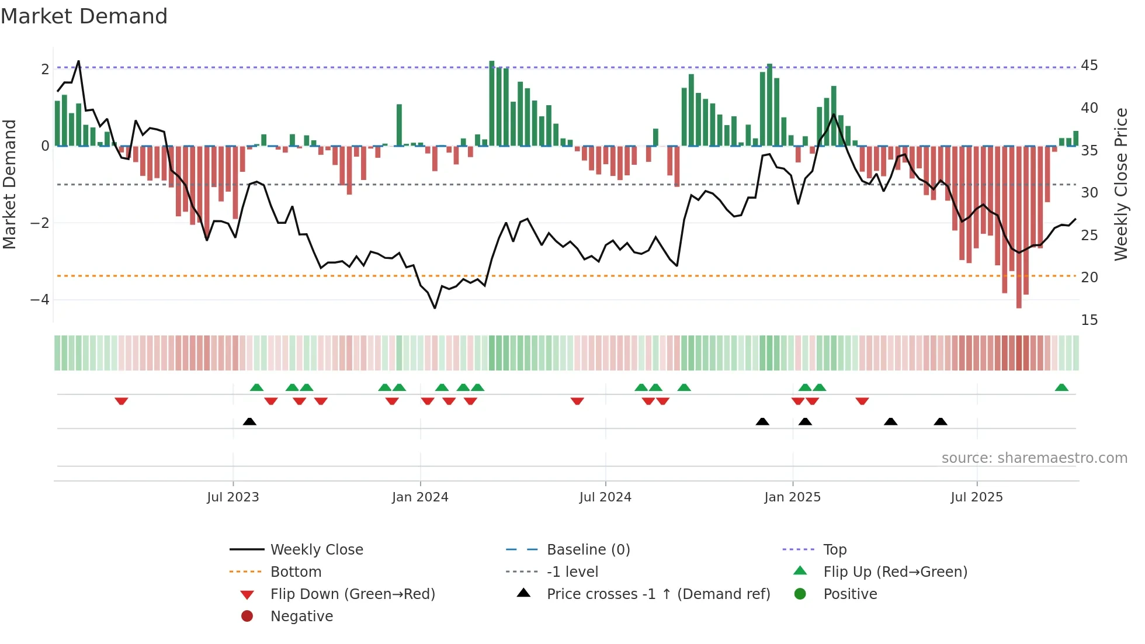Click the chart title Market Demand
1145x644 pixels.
84,16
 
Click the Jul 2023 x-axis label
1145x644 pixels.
233,497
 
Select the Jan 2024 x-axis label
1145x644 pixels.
420,497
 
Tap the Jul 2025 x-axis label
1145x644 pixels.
976,497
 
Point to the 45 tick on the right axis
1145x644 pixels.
1089,65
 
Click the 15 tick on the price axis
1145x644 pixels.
1089,320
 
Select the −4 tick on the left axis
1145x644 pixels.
40,300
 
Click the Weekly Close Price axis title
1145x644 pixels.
1120,184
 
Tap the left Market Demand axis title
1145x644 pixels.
9,184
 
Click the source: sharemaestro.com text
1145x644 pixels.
1034,458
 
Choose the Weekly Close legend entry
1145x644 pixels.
316,550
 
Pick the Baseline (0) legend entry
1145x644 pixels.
588,550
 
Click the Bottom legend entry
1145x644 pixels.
296,572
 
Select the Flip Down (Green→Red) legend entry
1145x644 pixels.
352,594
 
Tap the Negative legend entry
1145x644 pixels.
301,617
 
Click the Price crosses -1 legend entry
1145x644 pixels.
658,594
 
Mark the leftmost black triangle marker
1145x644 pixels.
249,421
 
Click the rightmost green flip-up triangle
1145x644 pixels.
1061,387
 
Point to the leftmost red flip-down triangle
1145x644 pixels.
122,401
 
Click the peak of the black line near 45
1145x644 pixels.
78,61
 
